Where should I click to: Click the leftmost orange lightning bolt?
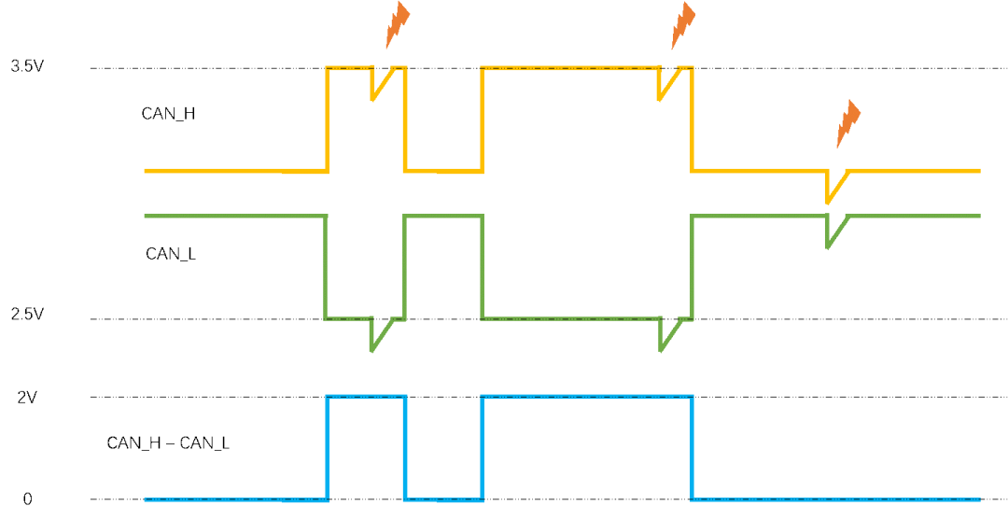(x=398, y=25)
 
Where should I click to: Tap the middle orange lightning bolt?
(x=683, y=25)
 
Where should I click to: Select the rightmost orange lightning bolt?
(x=847, y=123)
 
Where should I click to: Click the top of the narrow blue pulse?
(x=366, y=397)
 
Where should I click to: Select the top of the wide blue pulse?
(x=587, y=397)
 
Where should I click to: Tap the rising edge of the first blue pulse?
(x=327, y=448)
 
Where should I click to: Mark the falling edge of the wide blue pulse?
(x=692, y=448)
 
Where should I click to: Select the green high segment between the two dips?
(x=443, y=216)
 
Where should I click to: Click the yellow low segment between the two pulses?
(x=443, y=172)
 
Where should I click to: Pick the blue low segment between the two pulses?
(x=443, y=499)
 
